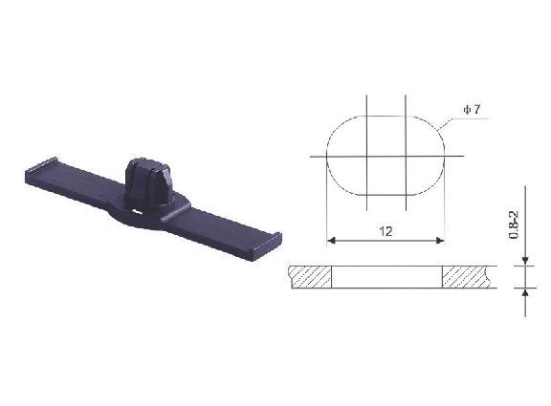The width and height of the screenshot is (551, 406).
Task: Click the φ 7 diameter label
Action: (472, 110)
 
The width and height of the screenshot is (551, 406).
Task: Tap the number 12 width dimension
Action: (386, 231)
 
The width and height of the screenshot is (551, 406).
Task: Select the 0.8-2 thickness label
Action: (514, 224)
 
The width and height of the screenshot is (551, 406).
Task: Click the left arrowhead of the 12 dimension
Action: (331, 241)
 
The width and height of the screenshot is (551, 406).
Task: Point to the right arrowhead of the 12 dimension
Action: (440, 241)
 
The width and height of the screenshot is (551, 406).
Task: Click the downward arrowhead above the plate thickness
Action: (525, 261)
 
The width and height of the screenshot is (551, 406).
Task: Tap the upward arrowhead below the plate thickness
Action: (525, 292)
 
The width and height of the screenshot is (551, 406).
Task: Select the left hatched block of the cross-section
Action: (310, 277)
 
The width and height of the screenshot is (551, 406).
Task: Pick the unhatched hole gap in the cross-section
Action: (386, 277)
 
